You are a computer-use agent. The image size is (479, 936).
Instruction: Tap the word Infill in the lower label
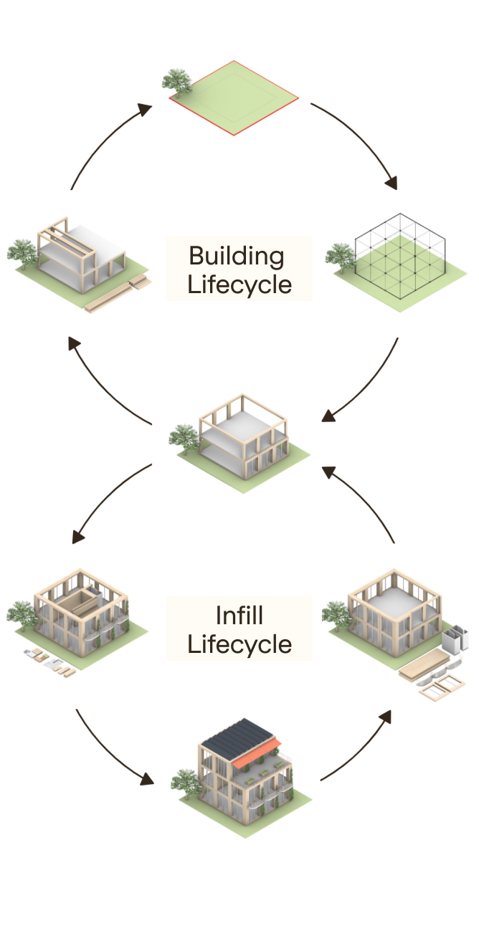(x=239, y=616)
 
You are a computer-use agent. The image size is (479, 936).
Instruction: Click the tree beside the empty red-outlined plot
(x=176, y=80)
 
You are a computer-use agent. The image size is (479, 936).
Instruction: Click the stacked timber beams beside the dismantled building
(x=118, y=294)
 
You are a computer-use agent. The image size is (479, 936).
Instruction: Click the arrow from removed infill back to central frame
(x=366, y=502)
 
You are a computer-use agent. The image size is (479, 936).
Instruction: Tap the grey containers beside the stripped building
(x=455, y=638)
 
